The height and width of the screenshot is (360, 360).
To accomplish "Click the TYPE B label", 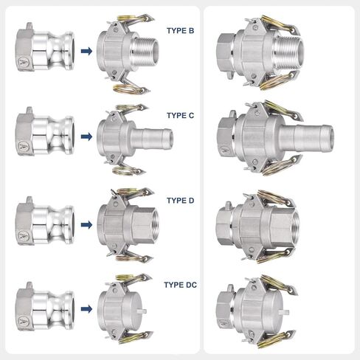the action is point(180,31).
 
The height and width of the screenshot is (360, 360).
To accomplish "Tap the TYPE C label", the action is point(180,115).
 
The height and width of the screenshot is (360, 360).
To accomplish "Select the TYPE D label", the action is point(180,201).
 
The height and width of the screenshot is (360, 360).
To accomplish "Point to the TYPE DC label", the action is point(180,285).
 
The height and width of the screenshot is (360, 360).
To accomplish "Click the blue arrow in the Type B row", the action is point(86,51).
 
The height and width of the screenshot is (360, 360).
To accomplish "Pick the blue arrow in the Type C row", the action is point(86,136).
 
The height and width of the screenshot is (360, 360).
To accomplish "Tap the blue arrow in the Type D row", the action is point(86,224).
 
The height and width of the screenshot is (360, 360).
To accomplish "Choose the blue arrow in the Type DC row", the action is point(86,309).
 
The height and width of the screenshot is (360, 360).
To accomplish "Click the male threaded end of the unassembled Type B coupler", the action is point(145,52).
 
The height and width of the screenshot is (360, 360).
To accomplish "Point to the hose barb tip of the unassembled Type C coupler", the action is point(167,138).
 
